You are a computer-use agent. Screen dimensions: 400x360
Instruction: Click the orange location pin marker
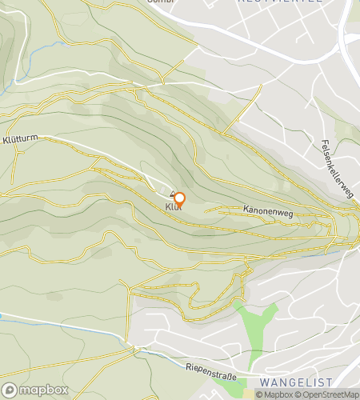pyautogui.click(x=179, y=200)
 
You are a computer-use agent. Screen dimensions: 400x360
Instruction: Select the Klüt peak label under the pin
pyautogui.click(x=173, y=208)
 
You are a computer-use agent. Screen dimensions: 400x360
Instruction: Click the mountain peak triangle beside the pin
pyautogui.click(x=171, y=194)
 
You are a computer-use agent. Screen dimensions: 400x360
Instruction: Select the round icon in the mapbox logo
pyautogui.click(x=10, y=390)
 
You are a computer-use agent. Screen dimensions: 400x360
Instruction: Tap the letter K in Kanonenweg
pyautogui.click(x=244, y=210)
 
